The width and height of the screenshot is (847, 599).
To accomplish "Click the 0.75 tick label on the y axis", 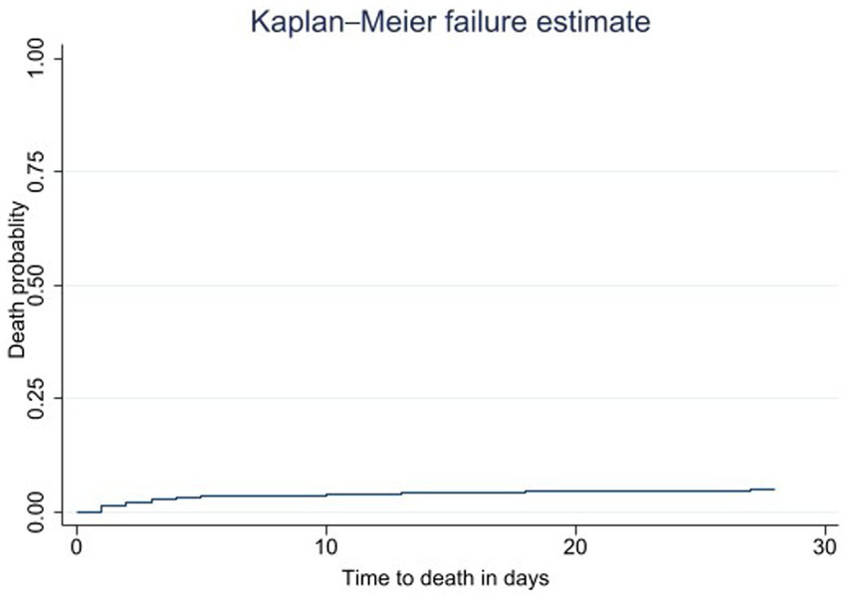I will click(x=43, y=171).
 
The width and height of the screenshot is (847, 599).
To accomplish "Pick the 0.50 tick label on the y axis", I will click(x=43, y=286).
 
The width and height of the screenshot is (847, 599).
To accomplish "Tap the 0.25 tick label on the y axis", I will click(x=43, y=398).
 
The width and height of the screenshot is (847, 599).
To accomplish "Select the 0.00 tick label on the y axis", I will click(x=43, y=511).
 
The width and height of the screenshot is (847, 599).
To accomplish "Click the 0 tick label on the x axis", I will click(x=77, y=547).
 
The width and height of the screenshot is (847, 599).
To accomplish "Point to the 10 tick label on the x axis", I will click(x=326, y=547).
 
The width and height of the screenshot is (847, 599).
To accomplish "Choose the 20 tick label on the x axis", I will click(x=575, y=547).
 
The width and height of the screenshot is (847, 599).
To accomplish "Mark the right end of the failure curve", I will click(x=774, y=489).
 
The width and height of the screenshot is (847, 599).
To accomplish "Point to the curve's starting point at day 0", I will click(x=77, y=511).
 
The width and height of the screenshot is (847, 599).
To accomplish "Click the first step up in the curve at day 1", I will click(x=102, y=508).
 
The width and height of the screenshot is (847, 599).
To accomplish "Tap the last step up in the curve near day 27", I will click(x=750, y=490).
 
